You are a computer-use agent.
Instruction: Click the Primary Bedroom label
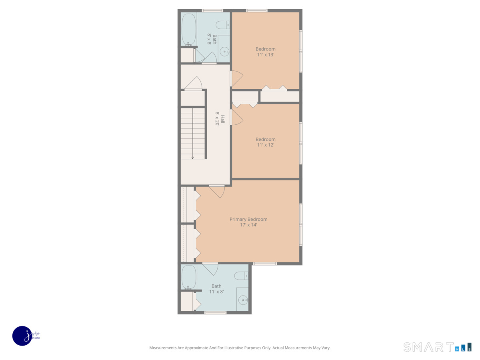pyautogui.click(x=248, y=219)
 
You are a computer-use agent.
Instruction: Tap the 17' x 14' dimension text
pyautogui.click(x=248, y=225)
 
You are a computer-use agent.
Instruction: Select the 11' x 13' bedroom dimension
pyautogui.click(x=266, y=55)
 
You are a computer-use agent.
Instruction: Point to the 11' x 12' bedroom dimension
pyautogui.click(x=266, y=145)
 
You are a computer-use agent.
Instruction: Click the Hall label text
pyautogui.click(x=223, y=119)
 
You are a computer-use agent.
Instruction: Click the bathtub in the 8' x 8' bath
pyautogui.click(x=188, y=30)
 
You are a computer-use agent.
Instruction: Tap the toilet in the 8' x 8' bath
pyautogui.click(x=223, y=25)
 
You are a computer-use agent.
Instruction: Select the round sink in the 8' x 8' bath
pyautogui.click(x=225, y=52)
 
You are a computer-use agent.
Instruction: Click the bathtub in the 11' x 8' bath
pyautogui.click(x=188, y=277)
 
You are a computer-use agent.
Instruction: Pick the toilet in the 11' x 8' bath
pyautogui.click(x=242, y=276)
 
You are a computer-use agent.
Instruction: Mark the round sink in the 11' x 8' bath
pyautogui.click(x=243, y=300)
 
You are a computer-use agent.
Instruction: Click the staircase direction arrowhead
pyautogui.click(x=192, y=158)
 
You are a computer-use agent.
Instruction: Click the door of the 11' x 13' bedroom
pyautogui.click(x=236, y=78)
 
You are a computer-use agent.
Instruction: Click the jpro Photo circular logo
pyautogui.click(x=22, y=336)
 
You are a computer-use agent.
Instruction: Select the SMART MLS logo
pyautogui.click(x=437, y=347)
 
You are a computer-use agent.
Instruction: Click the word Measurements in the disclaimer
pyautogui.click(x=164, y=348)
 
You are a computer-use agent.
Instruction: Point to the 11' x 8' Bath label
pyautogui.click(x=216, y=286)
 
